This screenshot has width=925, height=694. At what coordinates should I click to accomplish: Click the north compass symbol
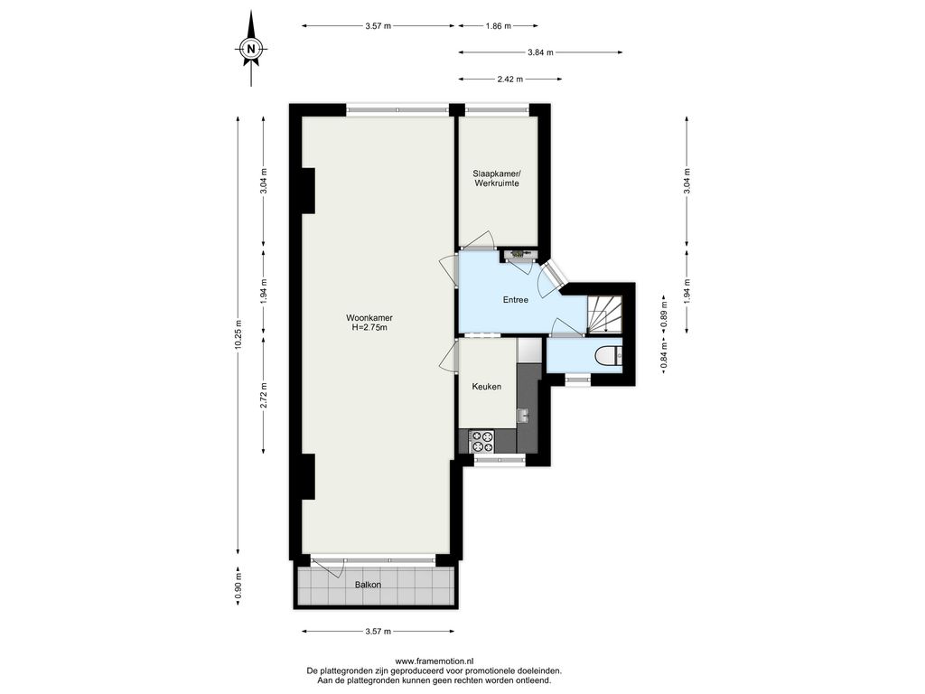(x=252, y=49)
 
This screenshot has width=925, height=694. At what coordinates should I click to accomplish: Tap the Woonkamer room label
(x=369, y=318)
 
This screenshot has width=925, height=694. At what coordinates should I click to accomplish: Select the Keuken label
(x=487, y=387)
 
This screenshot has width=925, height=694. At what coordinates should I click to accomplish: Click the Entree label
(x=516, y=300)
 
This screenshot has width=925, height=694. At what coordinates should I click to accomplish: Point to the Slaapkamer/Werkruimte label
(x=496, y=178)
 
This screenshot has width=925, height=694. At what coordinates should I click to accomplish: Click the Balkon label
(x=368, y=585)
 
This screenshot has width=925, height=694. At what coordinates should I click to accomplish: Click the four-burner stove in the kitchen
(x=482, y=442)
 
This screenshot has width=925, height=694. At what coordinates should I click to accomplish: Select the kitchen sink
(x=523, y=415)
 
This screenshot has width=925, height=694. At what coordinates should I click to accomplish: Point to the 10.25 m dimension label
(x=238, y=334)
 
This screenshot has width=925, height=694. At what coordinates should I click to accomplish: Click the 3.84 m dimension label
(x=540, y=52)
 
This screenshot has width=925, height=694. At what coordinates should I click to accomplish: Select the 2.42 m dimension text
(x=510, y=80)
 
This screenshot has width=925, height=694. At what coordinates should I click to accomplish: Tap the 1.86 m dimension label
(x=499, y=26)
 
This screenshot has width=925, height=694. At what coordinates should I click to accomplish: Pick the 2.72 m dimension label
(x=264, y=396)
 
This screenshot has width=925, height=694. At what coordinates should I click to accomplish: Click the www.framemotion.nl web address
(x=434, y=661)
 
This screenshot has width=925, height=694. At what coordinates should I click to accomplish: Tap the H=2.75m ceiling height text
(x=369, y=327)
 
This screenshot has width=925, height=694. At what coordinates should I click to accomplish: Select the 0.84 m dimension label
(x=664, y=356)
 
